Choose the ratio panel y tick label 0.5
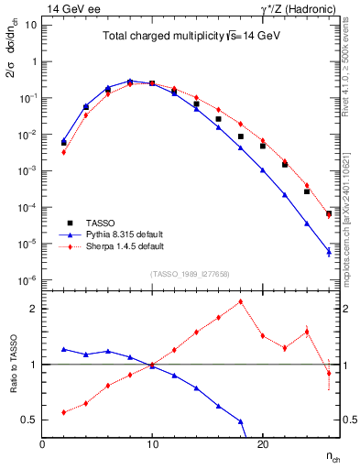[29, 420]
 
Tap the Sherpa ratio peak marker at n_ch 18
[240, 301]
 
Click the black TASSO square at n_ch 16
[218, 119]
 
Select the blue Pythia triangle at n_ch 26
[328, 252]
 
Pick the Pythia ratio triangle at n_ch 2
[64, 349]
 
